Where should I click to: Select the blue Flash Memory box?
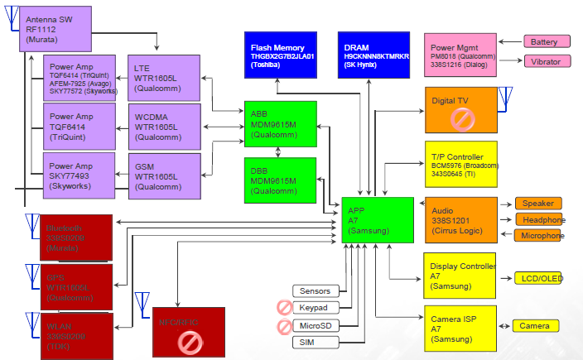[x=284, y=55]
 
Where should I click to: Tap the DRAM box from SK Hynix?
[x=373, y=55]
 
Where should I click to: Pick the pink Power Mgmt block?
[x=460, y=55]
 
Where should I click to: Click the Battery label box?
[x=545, y=41]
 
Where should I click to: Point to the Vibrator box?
[x=545, y=61]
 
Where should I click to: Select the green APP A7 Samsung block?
[x=378, y=219]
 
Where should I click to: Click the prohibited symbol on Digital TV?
[x=460, y=118]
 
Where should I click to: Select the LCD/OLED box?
[x=539, y=278]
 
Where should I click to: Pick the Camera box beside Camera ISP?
[x=534, y=326]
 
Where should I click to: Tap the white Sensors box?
[x=316, y=291]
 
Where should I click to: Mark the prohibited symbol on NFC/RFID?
[x=190, y=339]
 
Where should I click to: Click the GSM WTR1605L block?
[x=162, y=176]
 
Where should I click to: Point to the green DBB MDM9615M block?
[x=280, y=180]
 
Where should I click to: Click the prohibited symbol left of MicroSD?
[x=285, y=325]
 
